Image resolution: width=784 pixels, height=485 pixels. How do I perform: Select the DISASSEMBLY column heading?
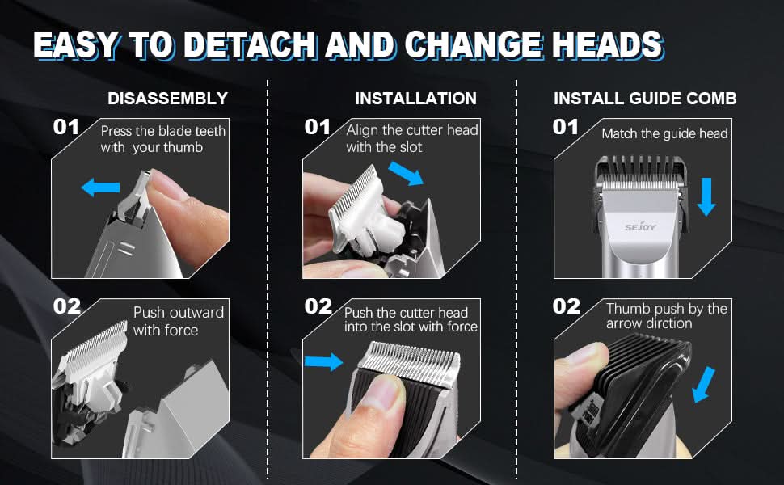[x=167, y=99]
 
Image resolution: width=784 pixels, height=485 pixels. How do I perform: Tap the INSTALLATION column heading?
[x=415, y=99]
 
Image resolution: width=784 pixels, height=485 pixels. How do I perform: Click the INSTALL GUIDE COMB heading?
[x=645, y=99]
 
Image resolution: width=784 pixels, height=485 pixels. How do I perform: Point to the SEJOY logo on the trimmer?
[x=643, y=228]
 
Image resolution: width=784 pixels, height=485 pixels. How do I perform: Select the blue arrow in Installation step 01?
[x=406, y=171]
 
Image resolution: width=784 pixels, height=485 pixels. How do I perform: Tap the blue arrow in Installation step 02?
[x=323, y=361]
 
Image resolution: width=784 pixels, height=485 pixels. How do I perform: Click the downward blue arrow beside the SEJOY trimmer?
[x=706, y=196]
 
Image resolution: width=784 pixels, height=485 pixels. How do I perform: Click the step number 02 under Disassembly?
[x=66, y=306]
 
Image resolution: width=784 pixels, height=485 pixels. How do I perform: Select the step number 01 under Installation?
[x=318, y=127]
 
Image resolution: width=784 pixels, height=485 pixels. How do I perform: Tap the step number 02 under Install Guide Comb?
[x=567, y=306]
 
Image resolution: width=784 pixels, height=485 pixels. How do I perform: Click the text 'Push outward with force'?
[x=178, y=321]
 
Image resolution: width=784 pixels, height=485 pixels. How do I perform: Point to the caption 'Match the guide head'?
[x=664, y=133]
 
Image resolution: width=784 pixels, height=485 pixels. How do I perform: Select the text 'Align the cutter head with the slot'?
[x=411, y=138]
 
